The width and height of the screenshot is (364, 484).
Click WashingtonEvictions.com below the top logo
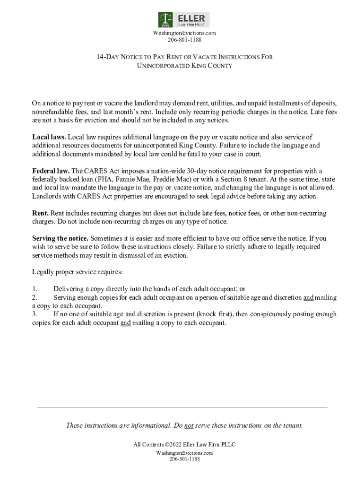[x=184, y=33]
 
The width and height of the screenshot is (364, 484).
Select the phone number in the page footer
[x=184, y=459]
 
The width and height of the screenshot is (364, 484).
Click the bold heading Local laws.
[x=49, y=137]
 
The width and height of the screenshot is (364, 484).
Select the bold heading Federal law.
[x=51, y=171]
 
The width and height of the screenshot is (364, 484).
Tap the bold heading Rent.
[x=40, y=214]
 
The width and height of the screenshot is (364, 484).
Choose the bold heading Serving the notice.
[x=60, y=239]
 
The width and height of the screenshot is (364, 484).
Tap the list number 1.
[x=35, y=289]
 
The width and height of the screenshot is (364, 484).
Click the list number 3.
[x=35, y=314]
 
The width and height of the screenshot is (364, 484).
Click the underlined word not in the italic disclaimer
[x=189, y=425]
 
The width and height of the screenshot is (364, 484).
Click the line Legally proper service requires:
[x=77, y=272]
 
